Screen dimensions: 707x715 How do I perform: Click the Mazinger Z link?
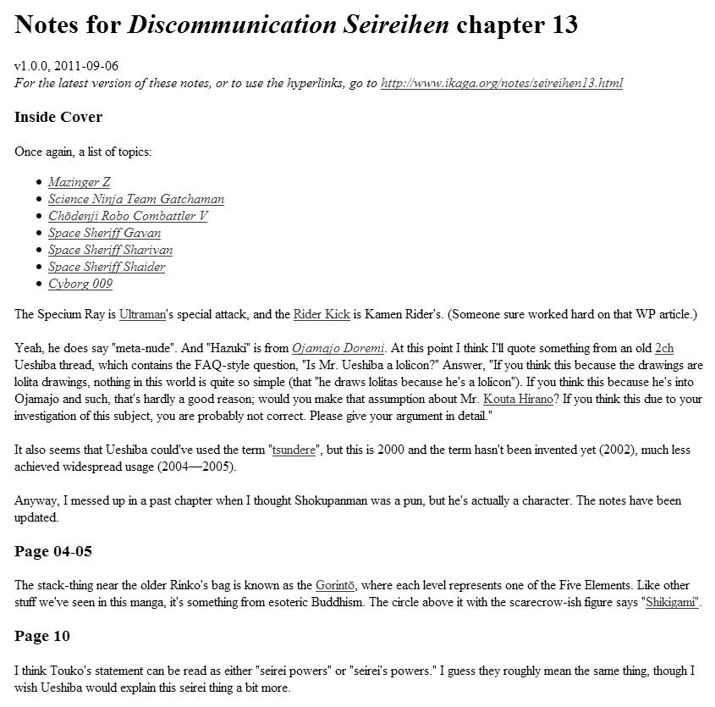pos(79,182)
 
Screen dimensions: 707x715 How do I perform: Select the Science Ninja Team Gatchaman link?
pos(135,199)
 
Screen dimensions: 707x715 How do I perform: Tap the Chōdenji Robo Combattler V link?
pos(127,216)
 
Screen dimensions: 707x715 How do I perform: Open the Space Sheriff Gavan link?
pos(104,233)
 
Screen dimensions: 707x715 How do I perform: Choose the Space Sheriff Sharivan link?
pos(110,250)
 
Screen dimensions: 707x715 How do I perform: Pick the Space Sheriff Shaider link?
pos(107,267)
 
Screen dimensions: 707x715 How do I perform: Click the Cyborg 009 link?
pos(80,284)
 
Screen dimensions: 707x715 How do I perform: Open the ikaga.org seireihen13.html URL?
pos(502,83)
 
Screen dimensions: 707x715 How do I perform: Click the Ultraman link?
pos(143,315)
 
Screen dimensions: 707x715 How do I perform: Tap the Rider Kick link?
pos(322,315)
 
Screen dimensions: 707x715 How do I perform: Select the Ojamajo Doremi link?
pos(338,348)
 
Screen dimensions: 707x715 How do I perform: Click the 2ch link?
pos(664,348)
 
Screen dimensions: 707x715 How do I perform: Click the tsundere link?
pos(294,450)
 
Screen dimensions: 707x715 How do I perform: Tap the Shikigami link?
pos(672,602)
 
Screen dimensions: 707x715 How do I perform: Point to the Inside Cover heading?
pos(58,117)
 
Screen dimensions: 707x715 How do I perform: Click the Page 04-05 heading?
pos(53,552)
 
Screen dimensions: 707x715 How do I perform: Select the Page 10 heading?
pos(42,637)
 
